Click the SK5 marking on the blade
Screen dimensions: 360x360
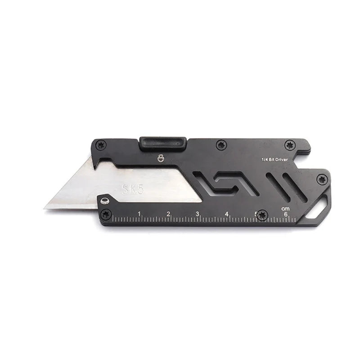click(x=133, y=189)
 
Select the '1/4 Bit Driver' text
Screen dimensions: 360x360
click(x=275, y=159)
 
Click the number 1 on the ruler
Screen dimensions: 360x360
click(x=139, y=213)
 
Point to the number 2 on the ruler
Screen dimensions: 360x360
click(x=168, y=214)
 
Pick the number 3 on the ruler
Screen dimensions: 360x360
click(x=198, y=214)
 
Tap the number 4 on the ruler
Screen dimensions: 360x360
click(x=227, y=214)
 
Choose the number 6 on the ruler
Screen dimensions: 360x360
click(x=285, y=214)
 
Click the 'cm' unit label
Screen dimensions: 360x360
click(x=284, y=208)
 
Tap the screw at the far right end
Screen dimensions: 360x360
click(x=321, y=179)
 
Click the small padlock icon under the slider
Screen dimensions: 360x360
click(x=161, y=157)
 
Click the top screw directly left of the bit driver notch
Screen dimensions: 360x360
click(x=288, y=145)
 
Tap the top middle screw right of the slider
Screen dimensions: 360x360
click(x=220, y=144)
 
